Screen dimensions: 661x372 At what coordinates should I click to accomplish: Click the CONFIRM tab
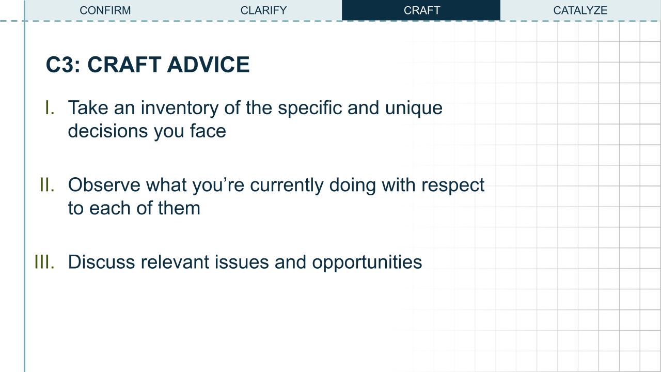(105, 10)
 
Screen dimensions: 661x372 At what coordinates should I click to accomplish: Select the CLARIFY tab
(263, 10)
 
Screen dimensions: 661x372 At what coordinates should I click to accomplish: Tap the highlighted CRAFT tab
(421, 10)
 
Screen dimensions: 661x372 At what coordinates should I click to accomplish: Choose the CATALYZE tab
(580, 10)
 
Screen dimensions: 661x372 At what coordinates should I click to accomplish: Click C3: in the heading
(63, 65)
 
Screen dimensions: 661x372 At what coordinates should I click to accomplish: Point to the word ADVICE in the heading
(208, 65)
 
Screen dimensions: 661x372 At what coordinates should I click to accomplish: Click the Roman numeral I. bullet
(50, 108)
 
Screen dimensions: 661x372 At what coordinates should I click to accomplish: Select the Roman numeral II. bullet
(47, 185)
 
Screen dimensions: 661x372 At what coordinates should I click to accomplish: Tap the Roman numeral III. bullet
(44, 262)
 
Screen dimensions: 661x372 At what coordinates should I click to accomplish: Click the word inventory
(179, 109)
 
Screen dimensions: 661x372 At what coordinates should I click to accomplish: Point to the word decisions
(107, 131)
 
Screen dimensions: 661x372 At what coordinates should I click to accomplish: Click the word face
(208, 131)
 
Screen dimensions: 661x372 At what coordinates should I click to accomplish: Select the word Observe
(104, 185)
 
